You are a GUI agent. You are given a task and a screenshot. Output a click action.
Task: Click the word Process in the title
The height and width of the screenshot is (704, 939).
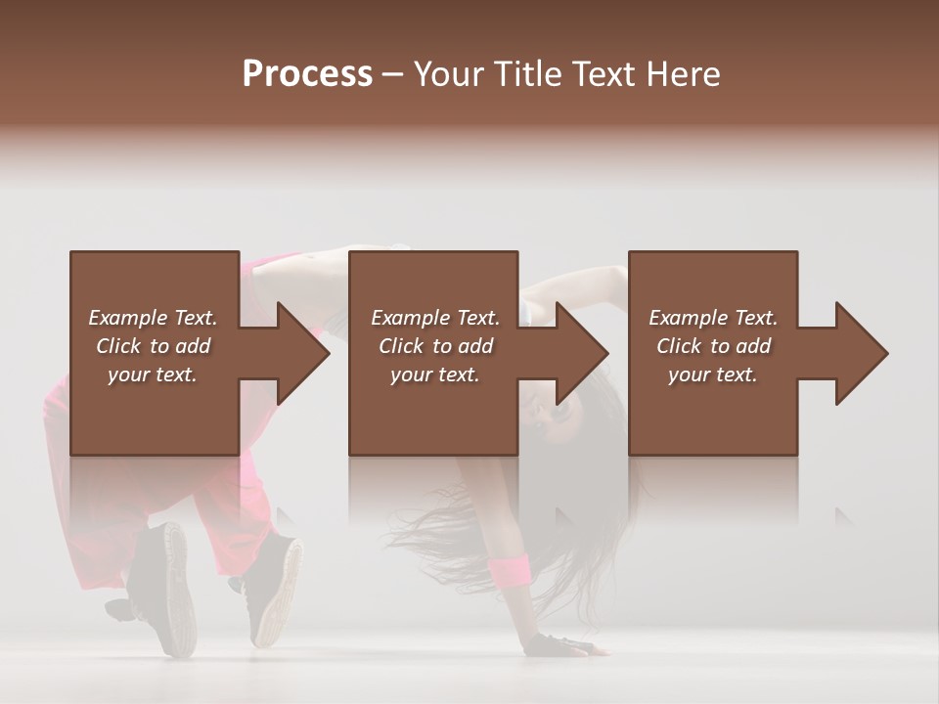(307, 74)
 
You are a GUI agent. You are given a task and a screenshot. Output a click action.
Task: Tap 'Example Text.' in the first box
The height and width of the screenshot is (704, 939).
(153, 318)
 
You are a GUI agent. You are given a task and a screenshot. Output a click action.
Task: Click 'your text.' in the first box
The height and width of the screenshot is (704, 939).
(153, 374)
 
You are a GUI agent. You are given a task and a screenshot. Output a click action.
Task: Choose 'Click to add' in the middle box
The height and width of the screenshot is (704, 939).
(435, 346)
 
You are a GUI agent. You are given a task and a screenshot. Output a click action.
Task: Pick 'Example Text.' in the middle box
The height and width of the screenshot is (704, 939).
(435, 318)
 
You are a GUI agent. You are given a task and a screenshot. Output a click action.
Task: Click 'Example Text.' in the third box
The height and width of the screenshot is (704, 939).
(713, 318)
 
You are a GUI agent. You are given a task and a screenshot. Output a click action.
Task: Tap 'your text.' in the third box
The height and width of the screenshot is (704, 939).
(713, 374)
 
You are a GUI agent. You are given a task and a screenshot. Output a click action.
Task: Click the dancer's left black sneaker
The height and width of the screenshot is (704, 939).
(161, 587)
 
